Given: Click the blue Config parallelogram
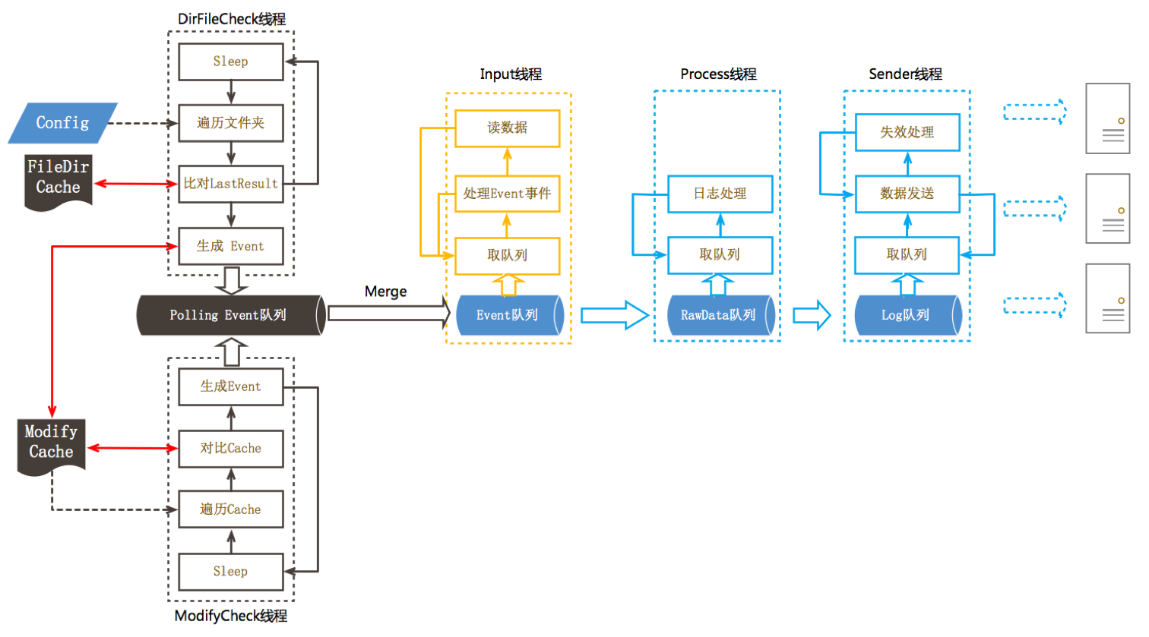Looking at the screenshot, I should pyautogui.click(x=62, y=123).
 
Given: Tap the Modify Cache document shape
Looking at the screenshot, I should pyautogui.click(x=52, y=445).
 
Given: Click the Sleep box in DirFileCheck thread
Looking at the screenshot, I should pyautogui.click(x=230, y=61).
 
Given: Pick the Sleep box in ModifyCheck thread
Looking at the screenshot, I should pyautogui.click(x=230, y=572).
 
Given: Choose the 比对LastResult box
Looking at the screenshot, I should pyautogui.click(x=230, y=184).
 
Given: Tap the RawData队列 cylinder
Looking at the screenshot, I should pyautogui.click(x=719, y=315).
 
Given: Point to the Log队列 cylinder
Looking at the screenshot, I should pyautogui.click(x=907, y=315).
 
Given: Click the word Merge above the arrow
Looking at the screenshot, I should pyautogui.click(x=385, y=292).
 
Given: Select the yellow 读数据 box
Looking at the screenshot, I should pyautogui.click(x=507, y=128).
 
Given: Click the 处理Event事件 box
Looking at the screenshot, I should pyautogui.click(x=507, y=194).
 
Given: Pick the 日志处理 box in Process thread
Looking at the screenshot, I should pyautogui.click(x=720, y=194).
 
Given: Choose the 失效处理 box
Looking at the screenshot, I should pyautogui.click(x=907, y=132).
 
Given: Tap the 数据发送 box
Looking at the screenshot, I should pyautogui.click(x=907, y=194).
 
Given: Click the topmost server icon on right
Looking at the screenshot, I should pyautogui.click(x=1107, y=119).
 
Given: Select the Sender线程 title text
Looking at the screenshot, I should pyautogui.click(x=905, y=74).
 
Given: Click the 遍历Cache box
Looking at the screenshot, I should pyautogui.click(x=230, y=509).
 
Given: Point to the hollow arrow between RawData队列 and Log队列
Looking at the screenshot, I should pyautogui.click(x=812, y=315).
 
